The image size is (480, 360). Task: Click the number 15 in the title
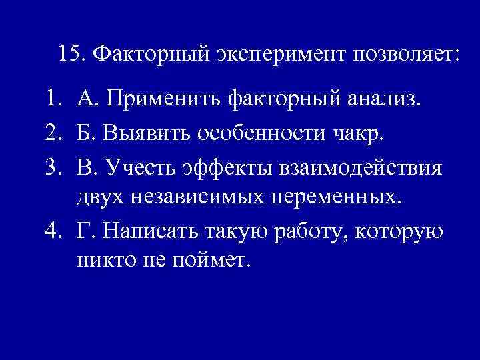click(x=69, y=53)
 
